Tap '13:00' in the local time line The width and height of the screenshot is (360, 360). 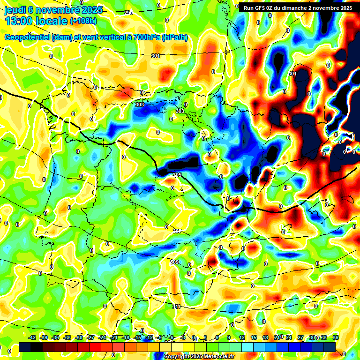pos(19,21)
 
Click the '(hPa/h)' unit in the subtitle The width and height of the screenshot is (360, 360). pos(174,37)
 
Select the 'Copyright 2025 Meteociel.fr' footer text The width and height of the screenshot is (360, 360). pos(199,357)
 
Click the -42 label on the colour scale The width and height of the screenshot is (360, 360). pos(32,337)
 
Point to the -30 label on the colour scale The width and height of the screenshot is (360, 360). pos(79,337)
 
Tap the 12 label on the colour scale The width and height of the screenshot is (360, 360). pos(242,337)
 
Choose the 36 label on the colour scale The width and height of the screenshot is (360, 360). pos(336,337)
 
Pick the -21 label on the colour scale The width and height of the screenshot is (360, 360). pos(114,337)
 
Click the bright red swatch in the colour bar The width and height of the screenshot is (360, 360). pos(95,347)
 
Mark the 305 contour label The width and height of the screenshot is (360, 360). pos(177,175)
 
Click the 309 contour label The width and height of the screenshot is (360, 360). pos(175,262)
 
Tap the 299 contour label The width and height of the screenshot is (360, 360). pos(128,13)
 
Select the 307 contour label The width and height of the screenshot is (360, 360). pos(177,231)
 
